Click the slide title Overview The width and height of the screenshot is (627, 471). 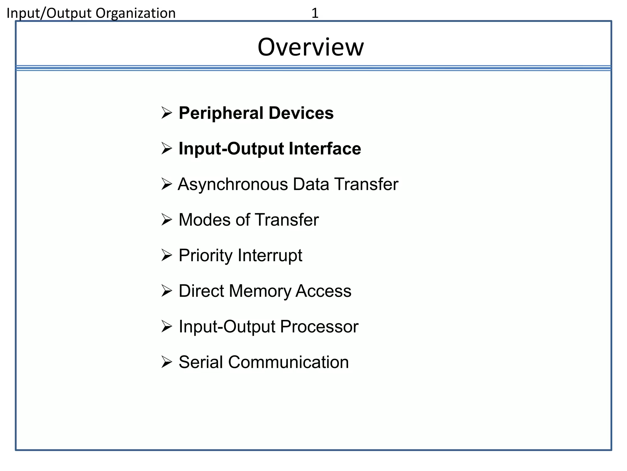(310, 47)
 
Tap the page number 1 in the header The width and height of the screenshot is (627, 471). (315, 13)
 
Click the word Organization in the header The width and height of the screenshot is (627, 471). (135, 13)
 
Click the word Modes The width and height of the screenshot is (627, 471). (204, 220)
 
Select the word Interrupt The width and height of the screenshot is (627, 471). (270, 255)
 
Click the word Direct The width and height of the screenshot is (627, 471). (201, 291)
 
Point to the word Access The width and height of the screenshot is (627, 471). (323, 291)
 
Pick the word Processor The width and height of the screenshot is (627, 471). (319, 326)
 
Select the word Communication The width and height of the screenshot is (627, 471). (288, 362)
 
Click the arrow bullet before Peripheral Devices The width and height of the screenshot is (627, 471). (167, 113)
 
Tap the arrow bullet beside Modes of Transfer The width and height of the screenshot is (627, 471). (167, 220)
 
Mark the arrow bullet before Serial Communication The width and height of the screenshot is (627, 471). (167, 362)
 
